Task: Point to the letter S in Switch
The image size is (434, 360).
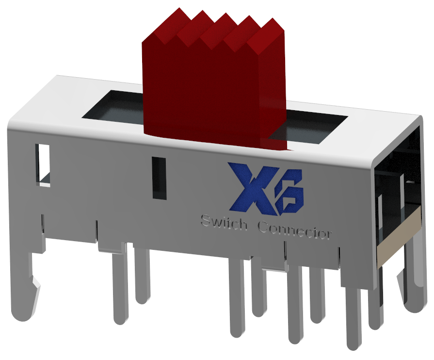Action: point(206,221)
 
